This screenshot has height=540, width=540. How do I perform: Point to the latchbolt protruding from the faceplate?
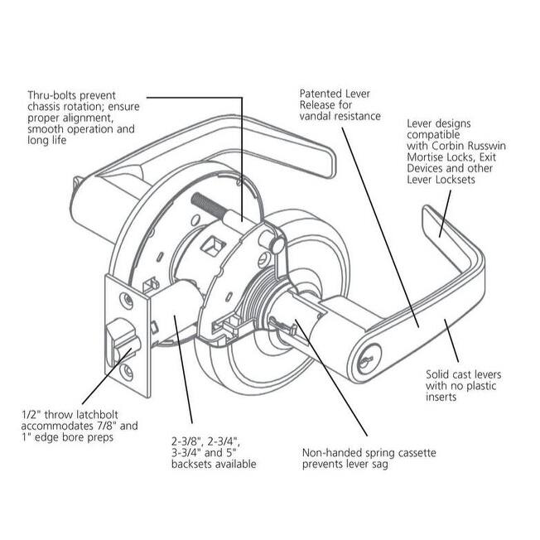click(x=116, y=338)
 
